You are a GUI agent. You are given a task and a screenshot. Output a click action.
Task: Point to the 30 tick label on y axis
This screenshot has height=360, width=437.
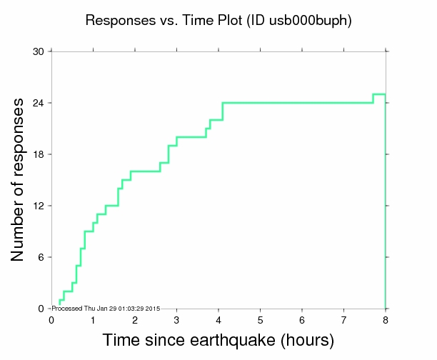pyautogui.click(x=38, y=51)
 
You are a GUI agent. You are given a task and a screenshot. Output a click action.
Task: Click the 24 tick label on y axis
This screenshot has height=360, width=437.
pyautogui.click(x=38, y=103)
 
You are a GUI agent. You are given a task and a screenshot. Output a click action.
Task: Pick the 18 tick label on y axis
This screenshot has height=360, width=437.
pyautogui.click(x=38, y=154)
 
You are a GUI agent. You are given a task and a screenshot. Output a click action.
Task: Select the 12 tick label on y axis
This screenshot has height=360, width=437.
pyautogui.click(x=38, y=206)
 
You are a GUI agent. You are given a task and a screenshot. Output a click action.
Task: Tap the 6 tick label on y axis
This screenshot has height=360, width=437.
pyautogui.click(x=41, y=257)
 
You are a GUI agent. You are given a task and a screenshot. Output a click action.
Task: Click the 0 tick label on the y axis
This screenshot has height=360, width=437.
pyautogui.click(x=41, y=309)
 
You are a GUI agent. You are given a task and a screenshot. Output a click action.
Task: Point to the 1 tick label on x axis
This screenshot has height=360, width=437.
pyautogui.click(x=93, y=319)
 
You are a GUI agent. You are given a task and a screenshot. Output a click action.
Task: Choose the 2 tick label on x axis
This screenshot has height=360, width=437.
pyautogui.click(x=134, y=319)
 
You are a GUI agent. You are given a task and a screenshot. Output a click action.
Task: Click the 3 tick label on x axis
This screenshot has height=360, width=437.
pyautogui.click(x=176, y=319)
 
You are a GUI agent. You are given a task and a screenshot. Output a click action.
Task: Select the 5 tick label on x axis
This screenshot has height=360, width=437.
pyautogui.click(x=260, y=319)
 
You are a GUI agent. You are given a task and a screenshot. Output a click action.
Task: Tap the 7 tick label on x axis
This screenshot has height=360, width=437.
pyautogui.click(x=343, y=319)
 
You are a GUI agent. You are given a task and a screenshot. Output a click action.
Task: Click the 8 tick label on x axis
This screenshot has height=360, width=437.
pyautogui.click(x=386, y=319)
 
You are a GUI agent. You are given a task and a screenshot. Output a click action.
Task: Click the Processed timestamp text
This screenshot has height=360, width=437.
pyautogui.click(x=106, y=308)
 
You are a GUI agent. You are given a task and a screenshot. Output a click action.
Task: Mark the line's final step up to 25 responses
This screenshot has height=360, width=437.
pyautogui.click(x=373, y=99)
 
